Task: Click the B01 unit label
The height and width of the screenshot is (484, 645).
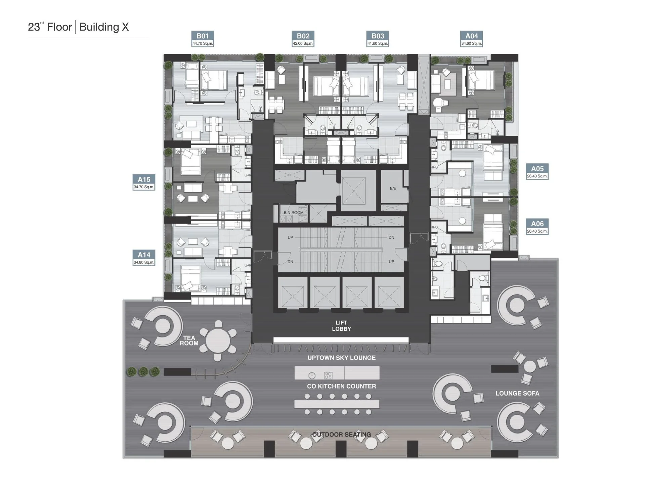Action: click(203, 36)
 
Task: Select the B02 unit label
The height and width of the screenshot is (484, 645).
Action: click(303, 36)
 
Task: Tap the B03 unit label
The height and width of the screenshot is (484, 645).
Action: click(378, 36)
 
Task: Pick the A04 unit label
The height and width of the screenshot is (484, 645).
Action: click(472, 36)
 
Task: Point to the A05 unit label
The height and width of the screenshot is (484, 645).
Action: click(537, 169)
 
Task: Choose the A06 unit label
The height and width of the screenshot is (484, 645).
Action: click(537, 224)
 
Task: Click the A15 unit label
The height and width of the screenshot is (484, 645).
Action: click(144, 179)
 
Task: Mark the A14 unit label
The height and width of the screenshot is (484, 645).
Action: click(144, 255)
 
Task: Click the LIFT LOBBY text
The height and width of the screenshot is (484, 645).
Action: click(341, 326)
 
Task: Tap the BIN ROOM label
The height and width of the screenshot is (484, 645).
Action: click(294, 212)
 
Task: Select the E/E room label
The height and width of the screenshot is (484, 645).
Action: click(393, 189)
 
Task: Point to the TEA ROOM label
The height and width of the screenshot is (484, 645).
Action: click(189, 340)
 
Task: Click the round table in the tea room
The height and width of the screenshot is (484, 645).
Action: click(218, 341)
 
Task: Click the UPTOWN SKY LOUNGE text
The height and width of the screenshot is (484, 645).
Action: click(342, 358)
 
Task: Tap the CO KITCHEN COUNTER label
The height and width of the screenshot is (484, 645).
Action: click(342, 387)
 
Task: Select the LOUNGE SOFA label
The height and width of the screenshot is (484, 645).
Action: click(517, 393)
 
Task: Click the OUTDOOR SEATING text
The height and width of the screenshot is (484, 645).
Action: click(342, 435)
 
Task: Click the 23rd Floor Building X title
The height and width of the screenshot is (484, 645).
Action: click(78, 27)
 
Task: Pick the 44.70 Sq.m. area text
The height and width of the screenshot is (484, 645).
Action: click(203, 44)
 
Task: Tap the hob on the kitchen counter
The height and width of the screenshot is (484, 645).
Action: click(328, 375)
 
